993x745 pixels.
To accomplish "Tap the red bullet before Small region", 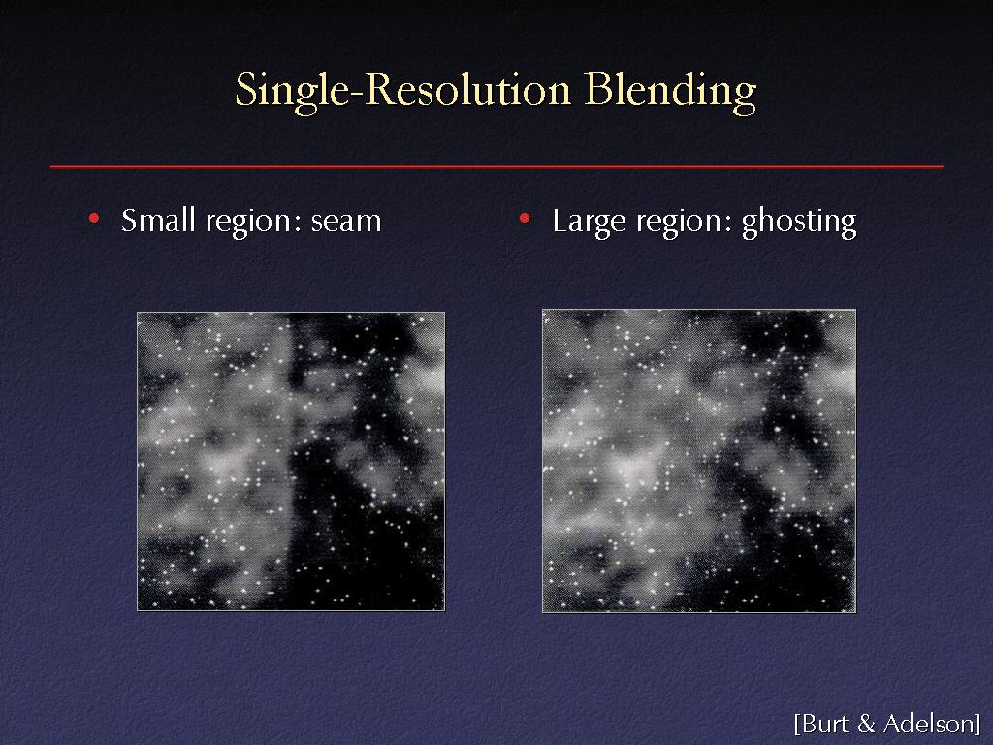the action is (94, 219).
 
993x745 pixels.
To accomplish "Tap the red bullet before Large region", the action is (525, 219).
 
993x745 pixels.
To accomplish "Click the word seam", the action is (346, 222).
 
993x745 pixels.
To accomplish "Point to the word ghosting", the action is (799, 222).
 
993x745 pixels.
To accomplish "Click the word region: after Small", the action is (253, 222).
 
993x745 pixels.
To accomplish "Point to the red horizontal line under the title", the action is (496, 166).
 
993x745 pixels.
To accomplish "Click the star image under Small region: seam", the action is (291, 462).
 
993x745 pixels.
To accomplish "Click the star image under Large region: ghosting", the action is (699, 461).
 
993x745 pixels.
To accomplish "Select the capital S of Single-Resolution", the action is (246, 88).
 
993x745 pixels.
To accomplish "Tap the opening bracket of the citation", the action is (797, 724).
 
